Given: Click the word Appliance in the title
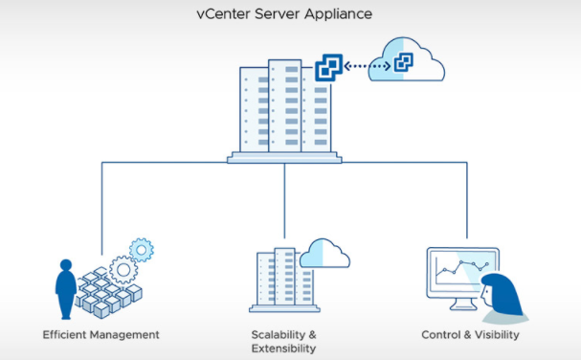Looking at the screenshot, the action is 338,15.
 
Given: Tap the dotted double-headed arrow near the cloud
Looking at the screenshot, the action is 367,66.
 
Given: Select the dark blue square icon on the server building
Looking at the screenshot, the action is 328,67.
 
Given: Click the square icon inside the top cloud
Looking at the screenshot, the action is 404,62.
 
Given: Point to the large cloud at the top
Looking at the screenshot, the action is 407,59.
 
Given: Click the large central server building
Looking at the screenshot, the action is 284,111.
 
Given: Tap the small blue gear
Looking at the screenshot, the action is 142,250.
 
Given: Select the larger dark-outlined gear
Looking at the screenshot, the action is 123,270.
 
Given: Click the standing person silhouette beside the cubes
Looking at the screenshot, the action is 66,289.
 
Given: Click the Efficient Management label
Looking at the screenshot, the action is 101,335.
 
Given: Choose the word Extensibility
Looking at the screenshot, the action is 284,349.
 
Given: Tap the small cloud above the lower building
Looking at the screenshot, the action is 324,254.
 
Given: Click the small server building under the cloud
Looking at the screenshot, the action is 284,281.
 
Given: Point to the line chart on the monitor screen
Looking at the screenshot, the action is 462,269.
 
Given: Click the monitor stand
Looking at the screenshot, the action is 462,304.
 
